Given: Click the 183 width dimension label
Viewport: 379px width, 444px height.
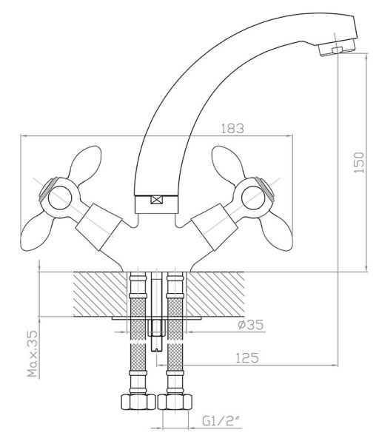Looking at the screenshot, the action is pos(232,129).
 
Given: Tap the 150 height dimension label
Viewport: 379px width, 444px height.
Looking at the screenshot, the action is pos(359,162).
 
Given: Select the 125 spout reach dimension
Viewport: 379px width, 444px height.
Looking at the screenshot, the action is pos(247,358).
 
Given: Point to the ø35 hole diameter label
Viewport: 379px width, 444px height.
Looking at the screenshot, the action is pos(250,325).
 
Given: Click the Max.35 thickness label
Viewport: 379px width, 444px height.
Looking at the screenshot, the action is pos(33,354).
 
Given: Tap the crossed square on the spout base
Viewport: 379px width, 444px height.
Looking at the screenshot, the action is pos(157,201).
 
